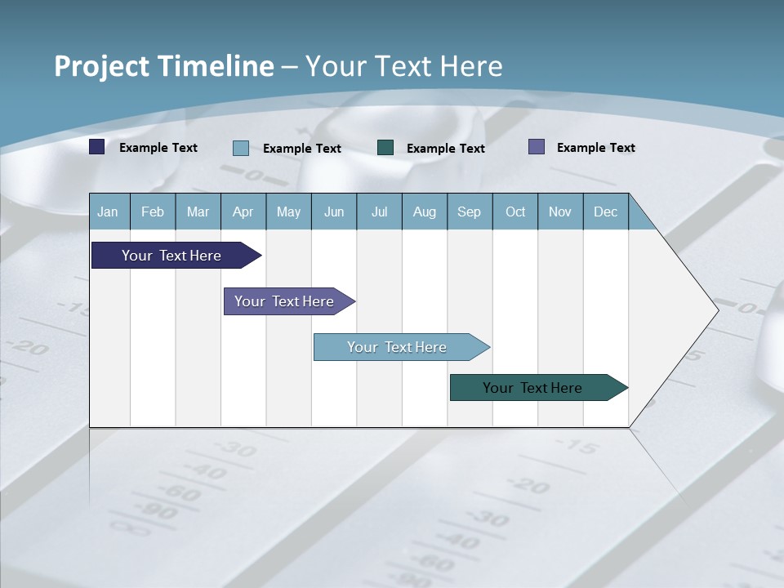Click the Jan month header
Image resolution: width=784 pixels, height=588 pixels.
point(108,212)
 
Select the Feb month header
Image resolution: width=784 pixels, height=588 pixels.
point(153,212)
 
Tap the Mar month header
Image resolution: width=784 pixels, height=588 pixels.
point(198,212)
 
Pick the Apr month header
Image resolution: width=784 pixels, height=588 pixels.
point(243,212)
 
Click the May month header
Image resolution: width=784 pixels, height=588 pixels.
point(288,212)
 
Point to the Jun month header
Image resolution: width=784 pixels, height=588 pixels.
point(334,212)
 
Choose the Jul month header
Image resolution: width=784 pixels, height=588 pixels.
point(379,212)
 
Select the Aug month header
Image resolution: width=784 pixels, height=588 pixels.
point(425,212)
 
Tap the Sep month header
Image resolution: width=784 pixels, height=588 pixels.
point(470,212)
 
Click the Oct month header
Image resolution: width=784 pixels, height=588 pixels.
point(515,212)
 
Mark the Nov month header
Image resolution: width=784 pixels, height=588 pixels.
point(560,212)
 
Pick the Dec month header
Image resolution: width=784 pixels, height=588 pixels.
point(606,212)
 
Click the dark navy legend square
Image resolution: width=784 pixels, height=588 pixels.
point(97,147)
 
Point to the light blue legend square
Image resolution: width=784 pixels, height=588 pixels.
point(241,148)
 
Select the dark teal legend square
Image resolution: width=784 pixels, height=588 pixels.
point(385,147)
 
